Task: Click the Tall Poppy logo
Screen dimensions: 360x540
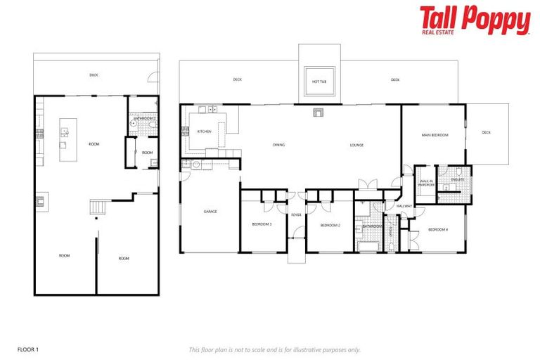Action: [x=475, y=20]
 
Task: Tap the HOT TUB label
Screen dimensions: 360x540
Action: [x=319, y=82]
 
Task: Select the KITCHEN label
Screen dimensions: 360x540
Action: [x=204, y=131]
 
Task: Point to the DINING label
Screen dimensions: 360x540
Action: [x=278, y=146]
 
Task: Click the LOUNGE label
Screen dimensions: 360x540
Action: [x=357, y=146]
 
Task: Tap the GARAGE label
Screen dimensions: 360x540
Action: [x=210, y=211]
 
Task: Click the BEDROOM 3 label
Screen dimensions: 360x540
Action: [x=262, y=225]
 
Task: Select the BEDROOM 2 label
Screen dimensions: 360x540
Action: [x=330, y=225]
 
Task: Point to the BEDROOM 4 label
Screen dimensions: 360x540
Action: [x=438, y=230]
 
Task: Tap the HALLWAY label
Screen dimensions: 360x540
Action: [x=404, y=206]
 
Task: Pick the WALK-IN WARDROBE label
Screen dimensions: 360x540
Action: [x=426, y=184]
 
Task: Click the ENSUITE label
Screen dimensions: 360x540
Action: [x=457, y=179]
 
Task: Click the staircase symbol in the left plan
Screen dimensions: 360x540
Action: [x=98, y=208]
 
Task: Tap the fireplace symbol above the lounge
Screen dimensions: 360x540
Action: [x=318, y=111]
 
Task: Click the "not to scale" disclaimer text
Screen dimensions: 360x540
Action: [x=274, y=349]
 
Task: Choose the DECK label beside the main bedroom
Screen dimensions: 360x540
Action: [x=487, y=132]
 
